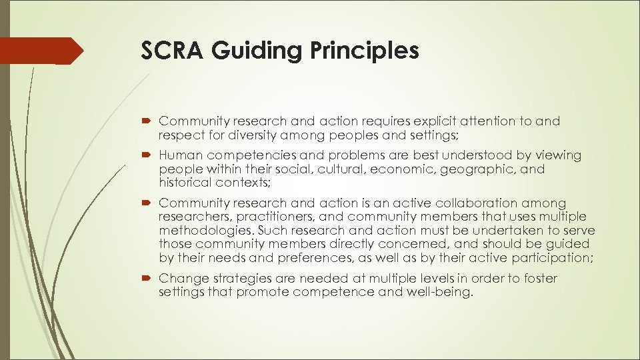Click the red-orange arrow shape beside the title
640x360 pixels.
tap(41, 51)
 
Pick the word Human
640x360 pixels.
tap(180, 155)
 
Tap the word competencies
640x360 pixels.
tap(256, 155)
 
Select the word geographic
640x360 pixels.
tap(471, 169)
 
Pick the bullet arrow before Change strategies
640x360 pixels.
tap(146, 279)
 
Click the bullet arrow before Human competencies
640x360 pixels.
tap(146, 156)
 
